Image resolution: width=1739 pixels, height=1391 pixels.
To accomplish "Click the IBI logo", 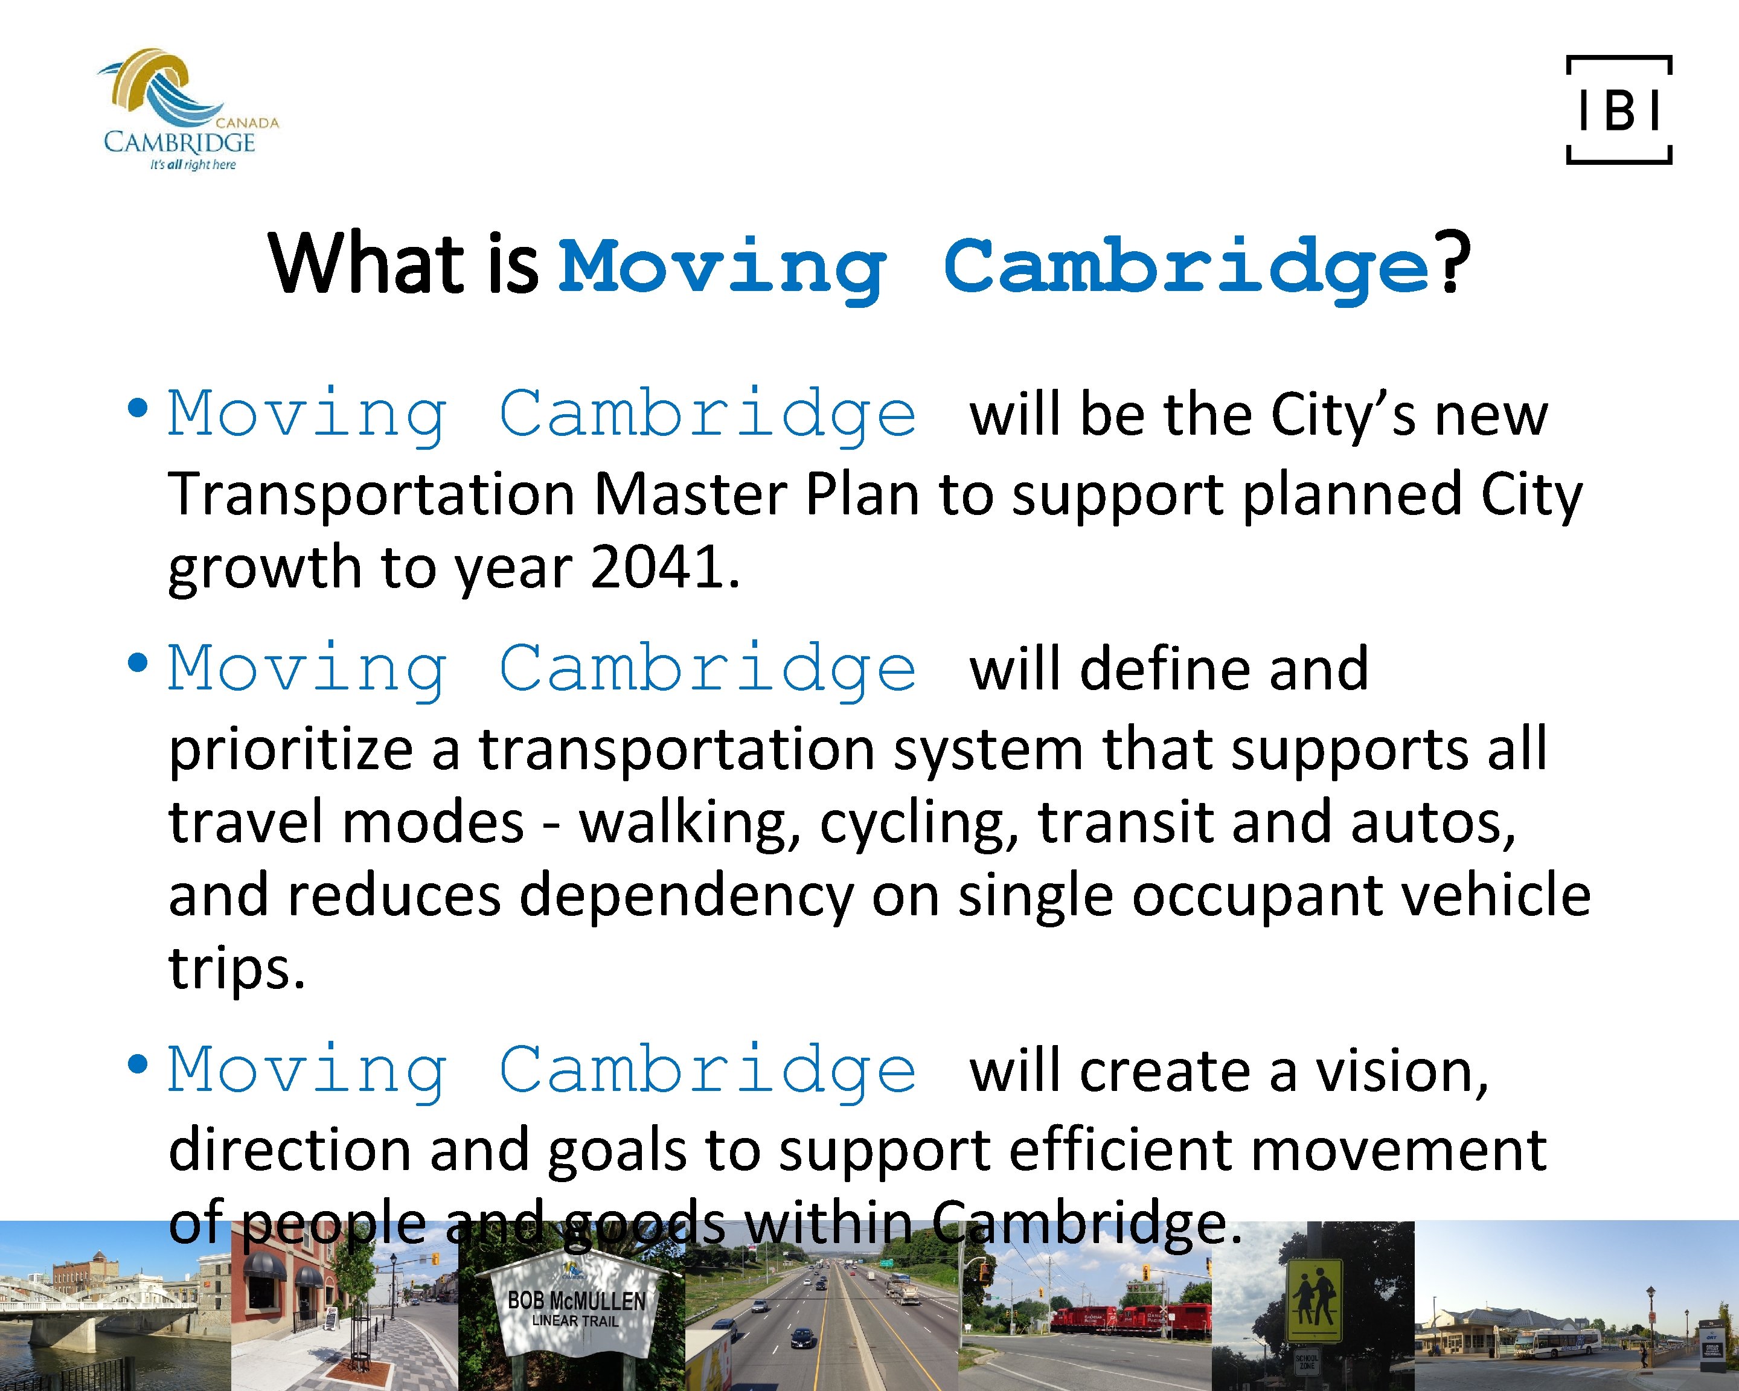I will click(x=1618, y=110).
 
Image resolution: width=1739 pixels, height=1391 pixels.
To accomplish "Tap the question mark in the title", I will click(x=1452, y=264).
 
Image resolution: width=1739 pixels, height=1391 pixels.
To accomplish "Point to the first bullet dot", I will click(x=138, y=408).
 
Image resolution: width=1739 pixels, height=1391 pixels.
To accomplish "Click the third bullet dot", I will click(x=138, y=1064).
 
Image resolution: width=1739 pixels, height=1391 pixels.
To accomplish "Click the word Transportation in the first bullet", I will click(x=371, y=494).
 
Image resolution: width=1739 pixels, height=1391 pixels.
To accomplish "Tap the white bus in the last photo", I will click(x=1557, y=1343).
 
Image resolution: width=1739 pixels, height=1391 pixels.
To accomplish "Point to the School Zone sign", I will click(x=1307, y=1361).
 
